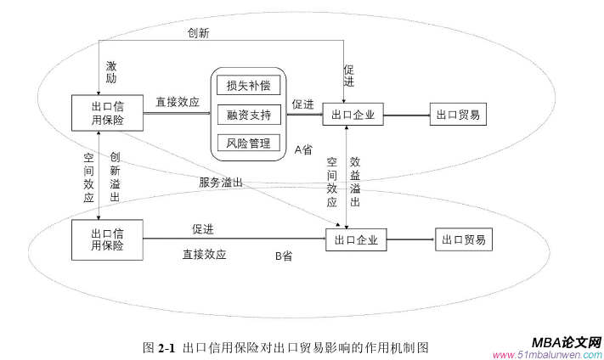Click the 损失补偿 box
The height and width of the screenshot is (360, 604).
[x=248, y=86]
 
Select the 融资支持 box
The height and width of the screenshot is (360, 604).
[x=248, y=114]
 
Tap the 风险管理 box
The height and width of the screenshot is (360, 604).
[x=248, y=142]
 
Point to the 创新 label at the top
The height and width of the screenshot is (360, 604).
[x=199, y=32]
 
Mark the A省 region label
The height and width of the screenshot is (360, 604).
[x=303, y=149]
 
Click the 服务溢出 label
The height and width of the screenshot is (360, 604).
[x=221, y=182]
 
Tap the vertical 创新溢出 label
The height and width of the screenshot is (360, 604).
[x=115, y=177]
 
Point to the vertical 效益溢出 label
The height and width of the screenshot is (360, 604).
[x=355, y=182]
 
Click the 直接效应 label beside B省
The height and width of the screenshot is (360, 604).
[x=204, y=254]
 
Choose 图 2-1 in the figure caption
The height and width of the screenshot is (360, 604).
[x=159, y=347]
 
